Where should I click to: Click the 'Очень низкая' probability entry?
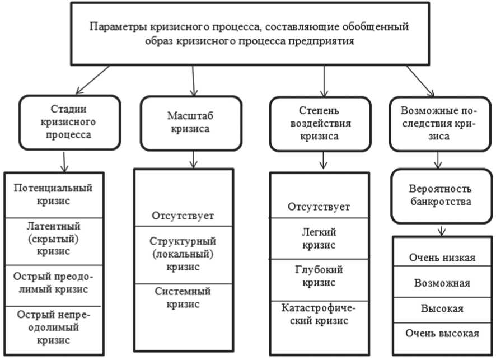[442, 258]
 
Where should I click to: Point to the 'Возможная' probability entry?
[442, 283]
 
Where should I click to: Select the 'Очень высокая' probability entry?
[442, 333]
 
